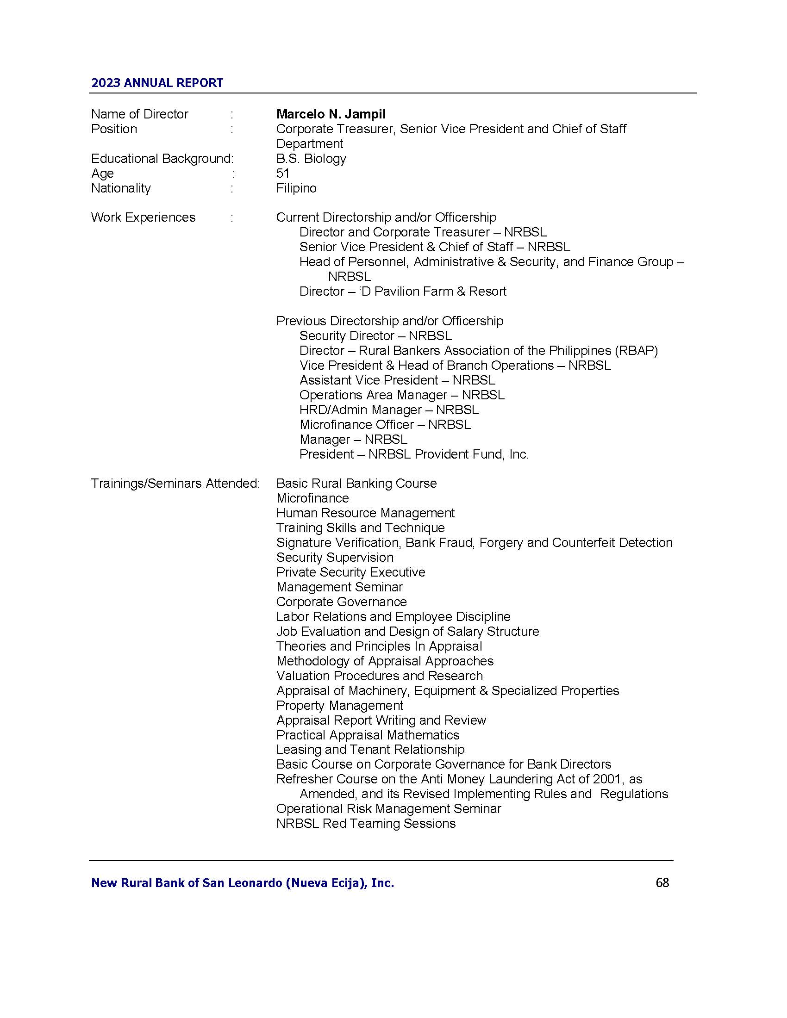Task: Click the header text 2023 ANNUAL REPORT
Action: click(x=157, y=83)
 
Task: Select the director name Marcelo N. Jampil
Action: click(x=331, y=114)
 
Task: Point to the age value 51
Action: click(x=282, y=174)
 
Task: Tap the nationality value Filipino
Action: click(x=296, y=188)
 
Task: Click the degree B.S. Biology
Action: click(x=311, y=158)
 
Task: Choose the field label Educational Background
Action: click(x=161, y=158)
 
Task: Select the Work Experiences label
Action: click(x=143, y=217)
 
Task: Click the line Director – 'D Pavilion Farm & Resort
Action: click(x=402, y=292)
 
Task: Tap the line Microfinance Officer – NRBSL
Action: click(x=385, y=425)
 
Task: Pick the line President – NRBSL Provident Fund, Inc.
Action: click(x=413, y=454)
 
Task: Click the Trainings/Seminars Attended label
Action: click(x=175, y=484)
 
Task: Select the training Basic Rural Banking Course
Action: click(x=356, y=484)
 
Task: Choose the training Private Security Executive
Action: click(x=350, y=572)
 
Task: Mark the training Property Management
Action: click(x=339, y=706)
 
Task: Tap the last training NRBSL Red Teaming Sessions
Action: click(x=366, y=824)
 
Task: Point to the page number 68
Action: click(x=662, y=883)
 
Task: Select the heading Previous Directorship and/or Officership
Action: click(x=389, y=321)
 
